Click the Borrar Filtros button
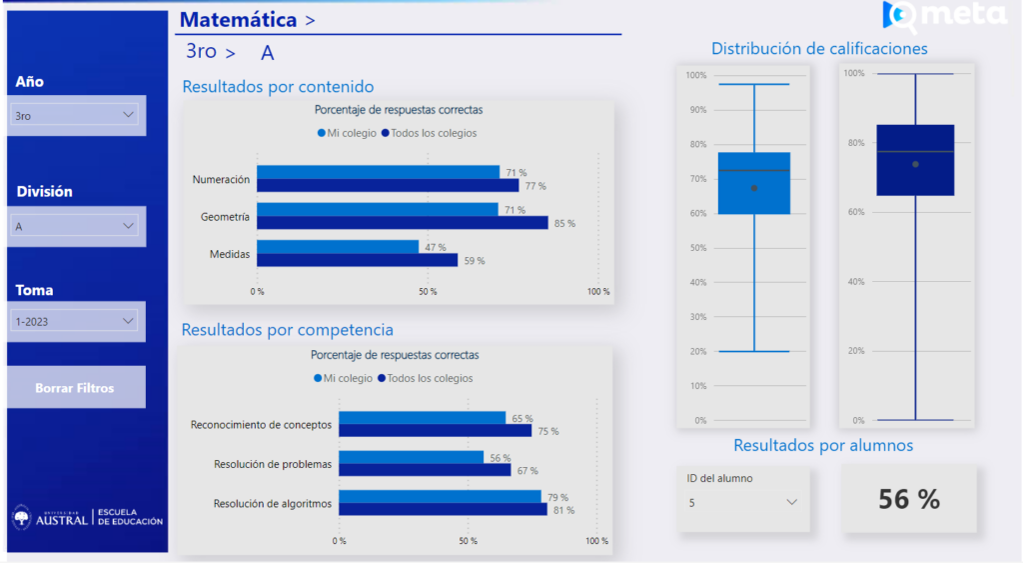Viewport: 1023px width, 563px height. pyautogui.click(x=76, y=387)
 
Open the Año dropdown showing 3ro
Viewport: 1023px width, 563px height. pyautogui.click(x=77, y=116)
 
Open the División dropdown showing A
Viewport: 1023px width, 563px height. pyautogui.click(x=77, y=226)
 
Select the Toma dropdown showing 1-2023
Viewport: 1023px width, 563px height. pyautogui.click(x=77, y=321)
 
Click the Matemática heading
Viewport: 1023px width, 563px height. pyautogui.click(x=238, y=20)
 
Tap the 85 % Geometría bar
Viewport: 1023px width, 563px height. pyautogui.click(x=403, y=223)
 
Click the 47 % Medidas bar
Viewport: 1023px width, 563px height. pyautogui.click(x=338, y=247)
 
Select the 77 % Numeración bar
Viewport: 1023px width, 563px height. pyautogui.click(x=388, y=185)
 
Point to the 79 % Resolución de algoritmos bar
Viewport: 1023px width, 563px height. pyautogui.click(x=440, y=497)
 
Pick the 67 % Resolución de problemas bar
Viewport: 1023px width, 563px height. pyautogui.click(x=425, y=470)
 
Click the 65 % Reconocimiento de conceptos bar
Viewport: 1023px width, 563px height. pyautogui.click(x=422, y=418)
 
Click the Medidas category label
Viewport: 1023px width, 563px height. pyautogui.click(x=229, y=254)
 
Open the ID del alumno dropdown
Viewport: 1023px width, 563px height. pyautogui.click(x=741, y=502)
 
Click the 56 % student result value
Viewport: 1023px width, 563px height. pyautogui.click(x=908, y=499)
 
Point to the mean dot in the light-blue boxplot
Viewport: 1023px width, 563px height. pyautogui.click(x=754, y=188)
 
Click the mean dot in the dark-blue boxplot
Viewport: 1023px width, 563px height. pyautogui.click(x=915, y=164)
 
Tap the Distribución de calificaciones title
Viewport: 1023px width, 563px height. pyautogui.click(x=819, y=48)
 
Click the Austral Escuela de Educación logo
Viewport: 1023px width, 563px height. pyautogui.click(x=87, y=517)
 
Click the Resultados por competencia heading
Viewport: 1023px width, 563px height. pyautogui.click(x=288, y=329)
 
